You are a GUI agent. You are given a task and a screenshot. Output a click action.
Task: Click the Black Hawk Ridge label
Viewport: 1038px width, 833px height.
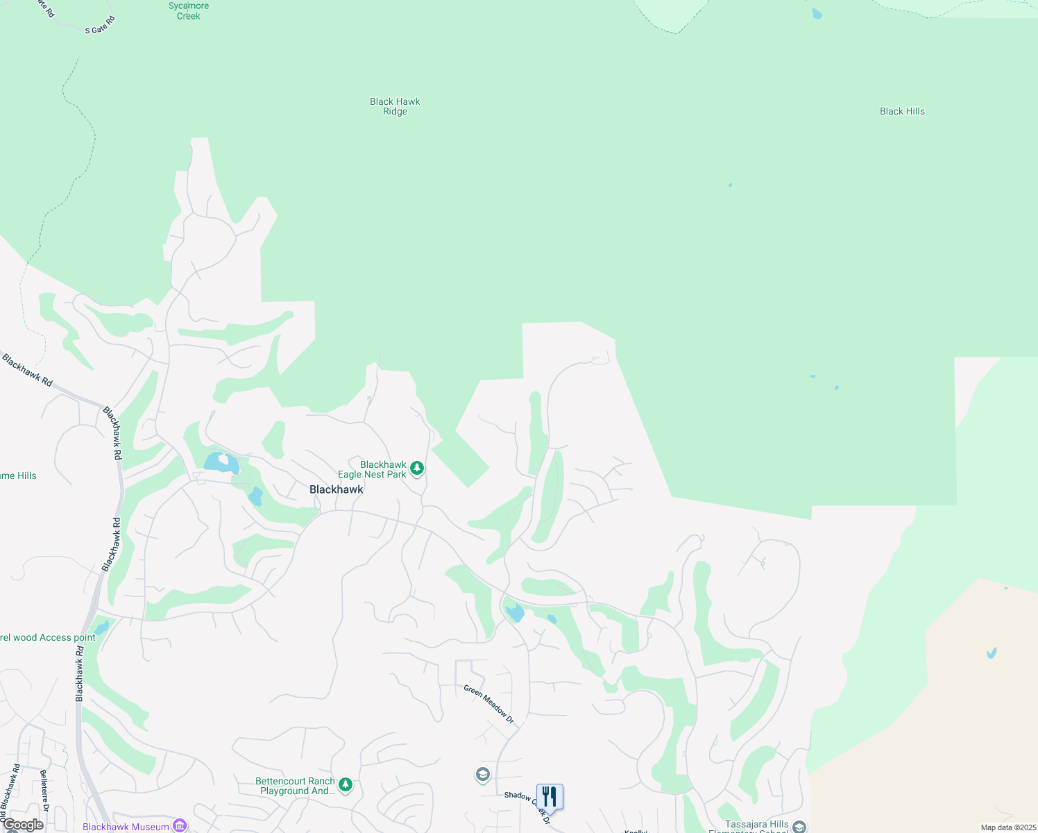coord(395,106)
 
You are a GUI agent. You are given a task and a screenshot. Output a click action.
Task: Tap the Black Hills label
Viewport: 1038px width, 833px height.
coord(902,111)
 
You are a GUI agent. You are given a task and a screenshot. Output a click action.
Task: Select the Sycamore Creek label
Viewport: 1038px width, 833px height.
coord(188,10)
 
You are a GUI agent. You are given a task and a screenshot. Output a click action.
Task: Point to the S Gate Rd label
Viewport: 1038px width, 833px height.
coord(99,26)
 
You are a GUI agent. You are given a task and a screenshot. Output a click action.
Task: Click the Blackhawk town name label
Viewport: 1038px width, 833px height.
coord(337,489)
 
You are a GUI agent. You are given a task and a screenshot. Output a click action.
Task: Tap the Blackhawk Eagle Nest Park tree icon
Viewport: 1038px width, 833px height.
coord(416,469)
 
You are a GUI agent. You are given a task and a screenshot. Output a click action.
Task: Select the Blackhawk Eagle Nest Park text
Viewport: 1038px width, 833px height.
coord(373,470)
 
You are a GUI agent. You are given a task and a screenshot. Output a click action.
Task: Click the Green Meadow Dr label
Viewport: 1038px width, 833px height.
coord(489,704)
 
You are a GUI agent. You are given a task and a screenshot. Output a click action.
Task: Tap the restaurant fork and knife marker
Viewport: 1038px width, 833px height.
coord(550,797)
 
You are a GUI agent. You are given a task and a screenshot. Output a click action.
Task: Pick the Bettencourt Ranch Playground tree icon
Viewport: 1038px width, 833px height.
coord(346,785)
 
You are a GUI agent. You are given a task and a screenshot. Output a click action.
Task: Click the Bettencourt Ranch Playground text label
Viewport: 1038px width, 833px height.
coord(295,786)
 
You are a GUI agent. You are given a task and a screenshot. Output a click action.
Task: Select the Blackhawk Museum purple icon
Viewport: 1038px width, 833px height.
coord(180,825)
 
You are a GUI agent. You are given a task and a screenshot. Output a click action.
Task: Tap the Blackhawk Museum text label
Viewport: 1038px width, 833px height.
coord(126,827)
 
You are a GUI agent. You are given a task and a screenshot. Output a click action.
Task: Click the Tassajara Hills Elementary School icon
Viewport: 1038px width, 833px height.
coord(799,827)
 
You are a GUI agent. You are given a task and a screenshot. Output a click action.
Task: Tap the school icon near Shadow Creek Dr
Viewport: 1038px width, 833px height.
coord(483,774)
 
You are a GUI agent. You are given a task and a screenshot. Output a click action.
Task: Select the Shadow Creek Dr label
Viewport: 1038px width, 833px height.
coord(527,807)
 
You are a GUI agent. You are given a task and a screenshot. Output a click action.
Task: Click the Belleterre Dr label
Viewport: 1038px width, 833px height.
coord(44,790)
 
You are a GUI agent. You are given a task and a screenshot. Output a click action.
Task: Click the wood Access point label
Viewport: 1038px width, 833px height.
coord(48,637)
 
